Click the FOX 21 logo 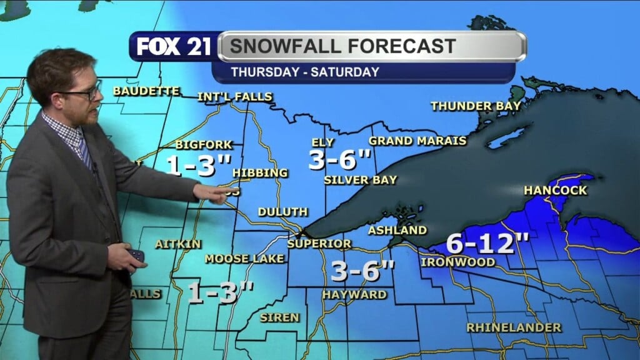coord(174,47)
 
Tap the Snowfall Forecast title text coord(341,46)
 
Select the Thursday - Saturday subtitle coord(305,72)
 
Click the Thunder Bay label coord(476,106)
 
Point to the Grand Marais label coord(417,141)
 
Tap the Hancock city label coord(556,190)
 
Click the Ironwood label coord(458,262)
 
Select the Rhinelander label coord(514,327)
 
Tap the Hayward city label coord(354,294)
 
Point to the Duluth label coord(282,212)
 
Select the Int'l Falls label coord(235,97)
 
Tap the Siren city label coord(279,317)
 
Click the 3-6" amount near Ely coord(341,161)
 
